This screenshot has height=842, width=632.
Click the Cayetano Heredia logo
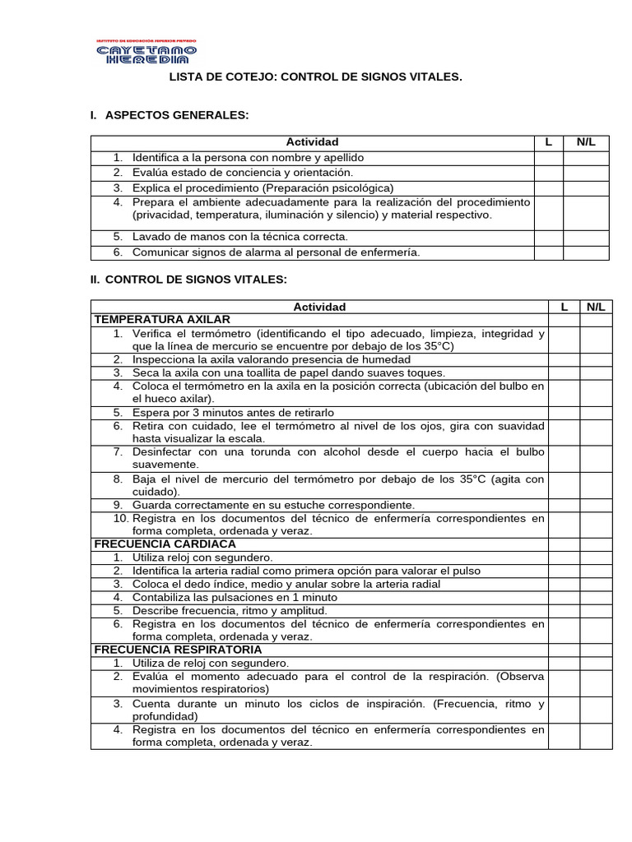[x=146, y=52]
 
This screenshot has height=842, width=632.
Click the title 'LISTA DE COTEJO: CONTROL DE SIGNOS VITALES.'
[x=316, y=76]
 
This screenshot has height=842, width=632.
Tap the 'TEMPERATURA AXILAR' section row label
[x=162, y=319]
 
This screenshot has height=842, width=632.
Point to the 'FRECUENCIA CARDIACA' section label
[x=165, y=544]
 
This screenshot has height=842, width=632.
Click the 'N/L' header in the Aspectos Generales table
[x=586, y=142]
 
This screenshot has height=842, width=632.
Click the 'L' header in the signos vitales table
[x=565, y=307]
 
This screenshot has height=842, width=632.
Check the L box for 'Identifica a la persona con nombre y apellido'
[x=548, y=157]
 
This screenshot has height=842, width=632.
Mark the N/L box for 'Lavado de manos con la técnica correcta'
[x=586, y=237]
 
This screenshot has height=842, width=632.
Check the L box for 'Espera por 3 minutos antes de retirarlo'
[x=565, y=412]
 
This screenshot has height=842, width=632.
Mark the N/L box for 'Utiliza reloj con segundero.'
[x=596, y=557]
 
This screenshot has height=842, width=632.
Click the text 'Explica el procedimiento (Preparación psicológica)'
[x=263, y=187]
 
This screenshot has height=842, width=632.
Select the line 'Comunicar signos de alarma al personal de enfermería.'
[x=276, y=252]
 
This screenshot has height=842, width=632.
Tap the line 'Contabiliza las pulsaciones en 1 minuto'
[x=235, y=597]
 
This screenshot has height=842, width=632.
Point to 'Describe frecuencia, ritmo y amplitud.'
[x=230, y=610]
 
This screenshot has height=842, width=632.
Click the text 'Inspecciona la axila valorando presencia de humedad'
[x=272, y=359]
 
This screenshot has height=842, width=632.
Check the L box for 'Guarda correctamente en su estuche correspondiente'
[x=565, y=504]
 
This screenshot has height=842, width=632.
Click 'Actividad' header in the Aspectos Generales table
[x=312, y=142]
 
